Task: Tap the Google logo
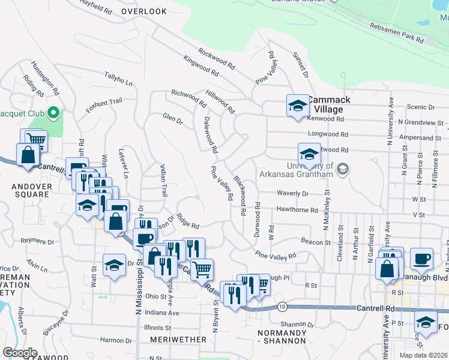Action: click(20, 353)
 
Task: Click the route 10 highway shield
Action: click(282, 307)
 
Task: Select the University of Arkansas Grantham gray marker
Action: click(342, 169)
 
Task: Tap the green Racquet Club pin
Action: click(53, 113)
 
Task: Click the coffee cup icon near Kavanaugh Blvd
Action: click(421, 258)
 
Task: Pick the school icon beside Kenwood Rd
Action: click(297, 107)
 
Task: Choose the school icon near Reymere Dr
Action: click(114, 265)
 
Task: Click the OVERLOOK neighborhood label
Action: click(143, 11)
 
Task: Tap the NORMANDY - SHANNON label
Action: click(282, 337)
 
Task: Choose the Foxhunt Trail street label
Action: click(104, 102)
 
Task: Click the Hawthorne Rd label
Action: click(297, 210)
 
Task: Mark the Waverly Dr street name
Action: click(292, 194)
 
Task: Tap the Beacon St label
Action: click(316, 242)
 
